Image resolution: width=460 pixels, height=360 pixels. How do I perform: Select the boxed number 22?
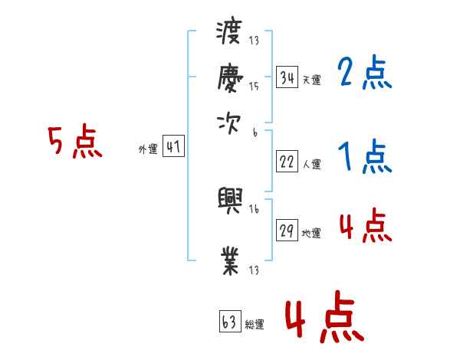[x=287, y=162]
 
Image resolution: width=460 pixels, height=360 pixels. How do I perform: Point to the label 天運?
[x=311, y=80]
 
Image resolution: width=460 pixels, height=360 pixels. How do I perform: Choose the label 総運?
[x=255, y=324]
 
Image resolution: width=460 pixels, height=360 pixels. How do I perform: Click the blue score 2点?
[x=365, y=73]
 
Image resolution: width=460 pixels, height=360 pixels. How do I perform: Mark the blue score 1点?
[x=365, y=157]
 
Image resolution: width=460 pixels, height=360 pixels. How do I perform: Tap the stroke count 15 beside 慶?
[x=254, y=87]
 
